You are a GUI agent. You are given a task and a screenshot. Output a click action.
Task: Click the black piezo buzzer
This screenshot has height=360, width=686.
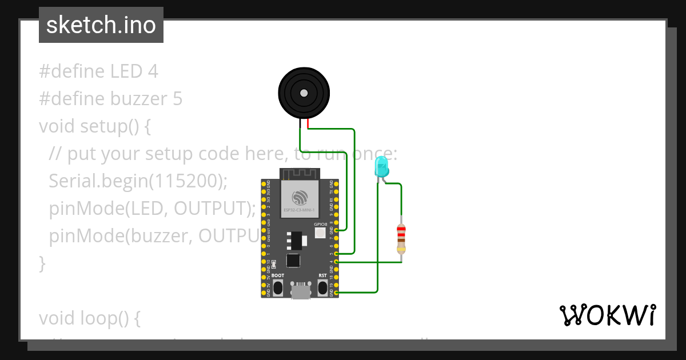point(304,93)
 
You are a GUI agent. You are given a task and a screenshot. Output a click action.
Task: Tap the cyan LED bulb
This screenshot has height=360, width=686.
point(381,167)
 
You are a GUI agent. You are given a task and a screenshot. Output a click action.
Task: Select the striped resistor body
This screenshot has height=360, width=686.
point(401,238)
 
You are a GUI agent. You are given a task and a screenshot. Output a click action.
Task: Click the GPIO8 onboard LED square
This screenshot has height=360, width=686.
point(320,233)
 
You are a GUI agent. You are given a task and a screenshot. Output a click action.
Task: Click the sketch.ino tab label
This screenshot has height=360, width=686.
point(101,25)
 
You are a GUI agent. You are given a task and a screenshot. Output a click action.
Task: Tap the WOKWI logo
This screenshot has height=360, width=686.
point(607,315)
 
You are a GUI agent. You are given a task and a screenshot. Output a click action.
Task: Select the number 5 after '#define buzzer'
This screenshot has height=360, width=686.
point(177,99)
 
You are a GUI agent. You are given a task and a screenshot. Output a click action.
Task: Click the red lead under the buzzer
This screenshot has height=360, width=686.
point(308,123)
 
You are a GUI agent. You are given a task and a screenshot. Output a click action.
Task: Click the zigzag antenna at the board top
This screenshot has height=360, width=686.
point(300,173)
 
